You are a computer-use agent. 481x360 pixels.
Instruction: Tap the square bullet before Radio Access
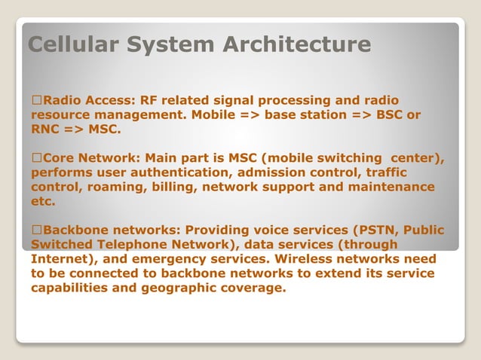pos(35,101)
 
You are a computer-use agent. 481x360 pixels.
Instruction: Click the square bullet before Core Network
pos(35,158)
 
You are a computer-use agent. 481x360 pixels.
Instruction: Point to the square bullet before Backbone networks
pos(35,230)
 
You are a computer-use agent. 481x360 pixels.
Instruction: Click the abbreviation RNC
pos(46,130)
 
